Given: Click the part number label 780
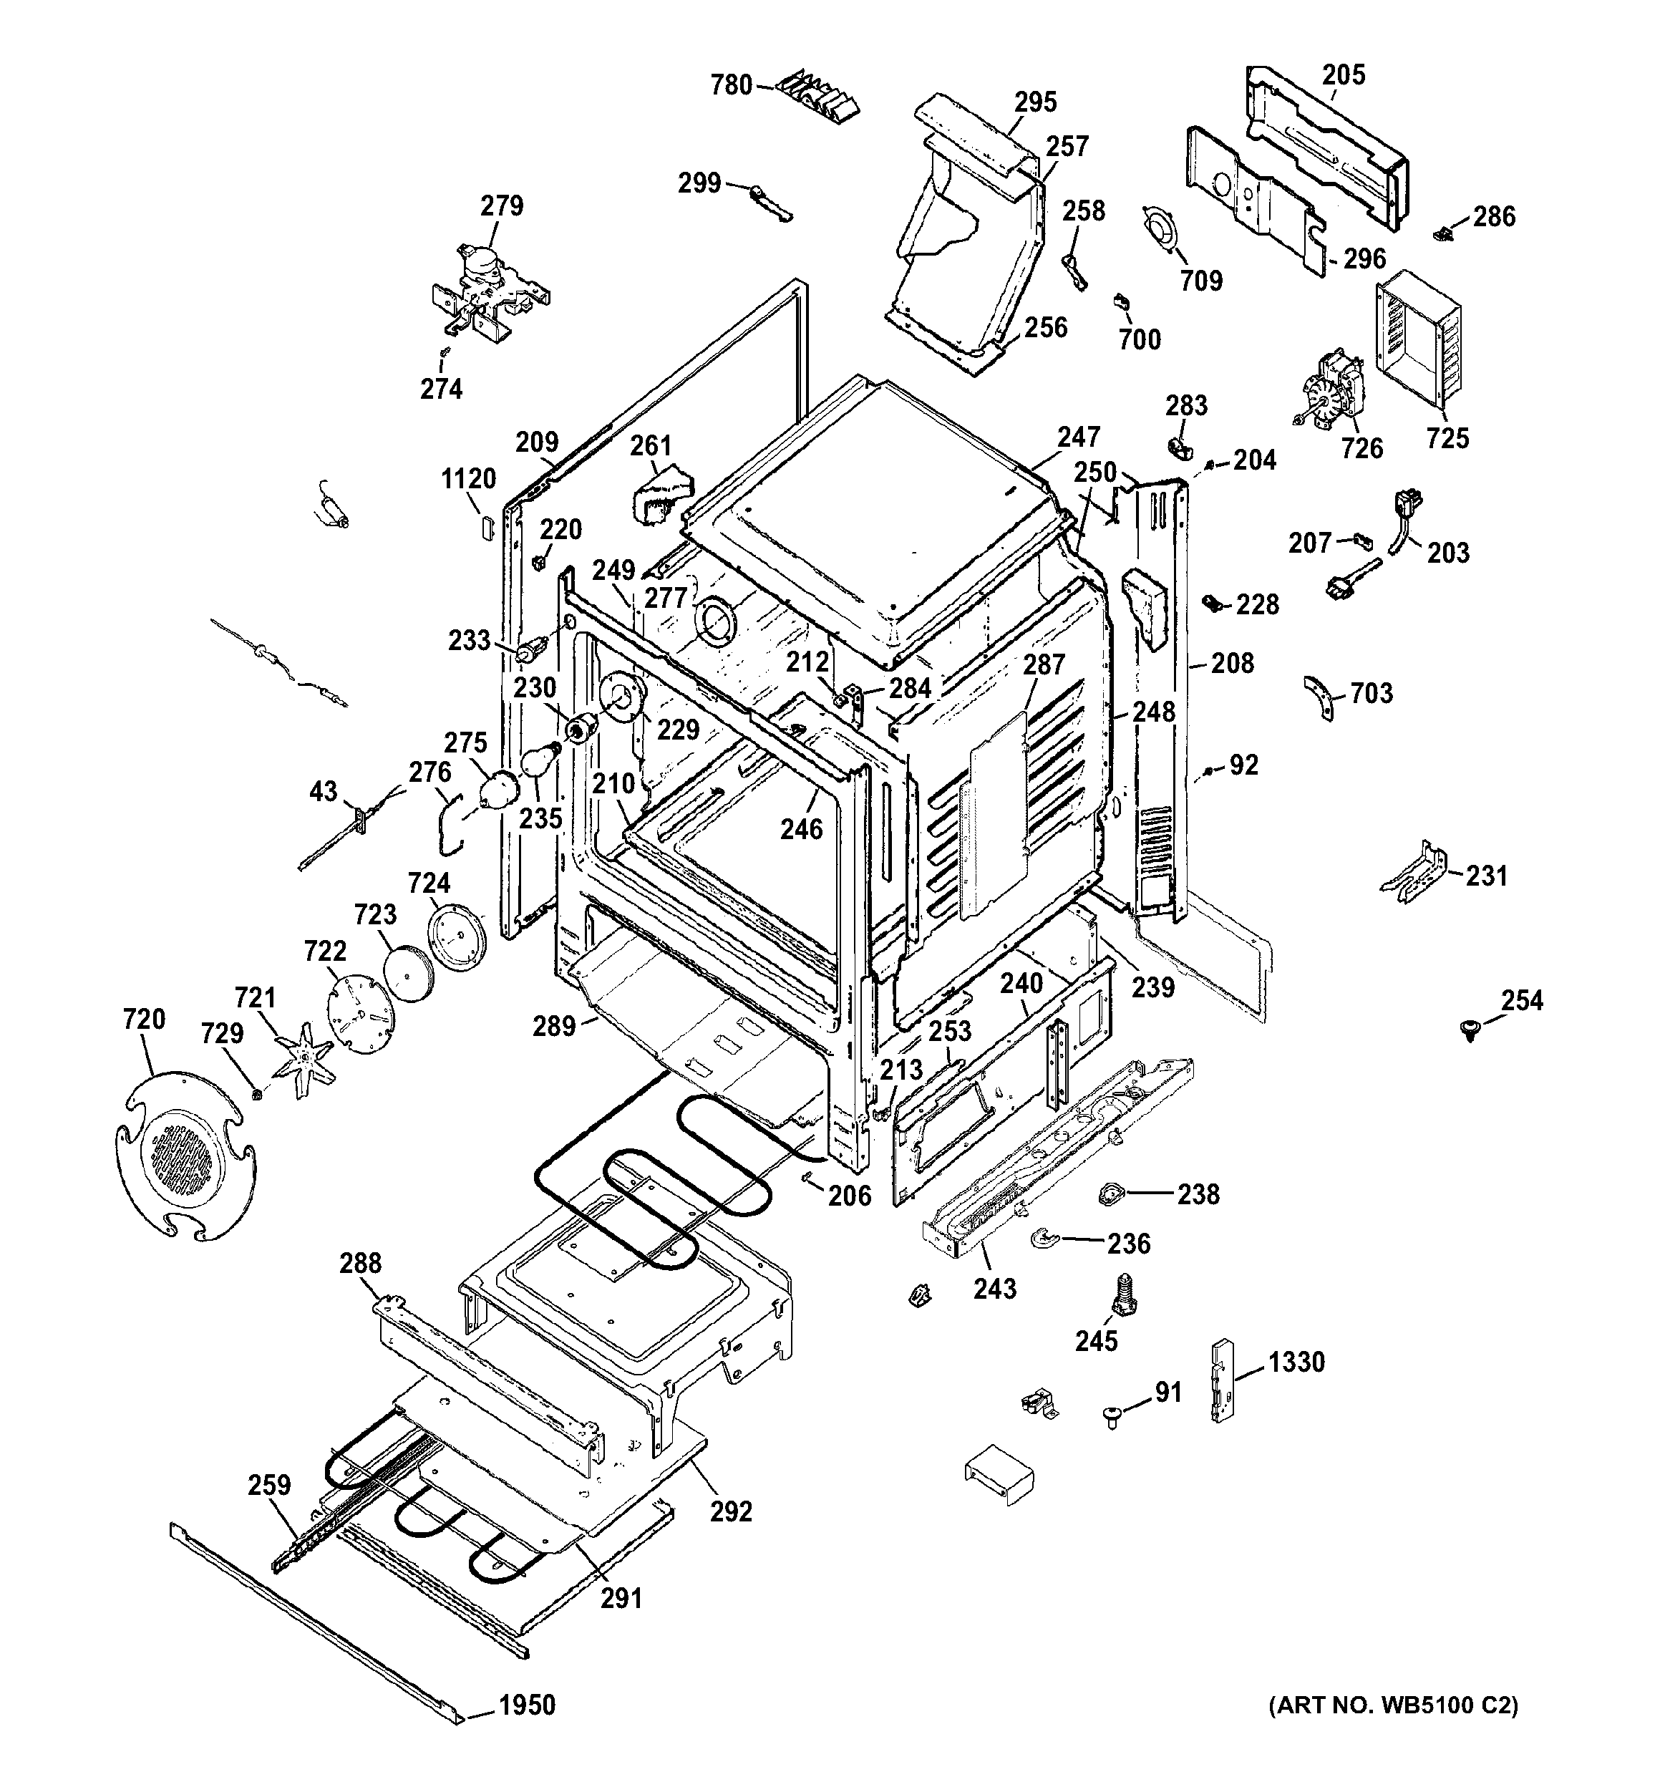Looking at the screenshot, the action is (x=731, y=86).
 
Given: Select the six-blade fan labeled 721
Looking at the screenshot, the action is (x=306, y=1058).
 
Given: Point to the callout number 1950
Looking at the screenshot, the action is (x=527, y=1705).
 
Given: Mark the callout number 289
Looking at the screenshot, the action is (x=555, y=1026).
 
